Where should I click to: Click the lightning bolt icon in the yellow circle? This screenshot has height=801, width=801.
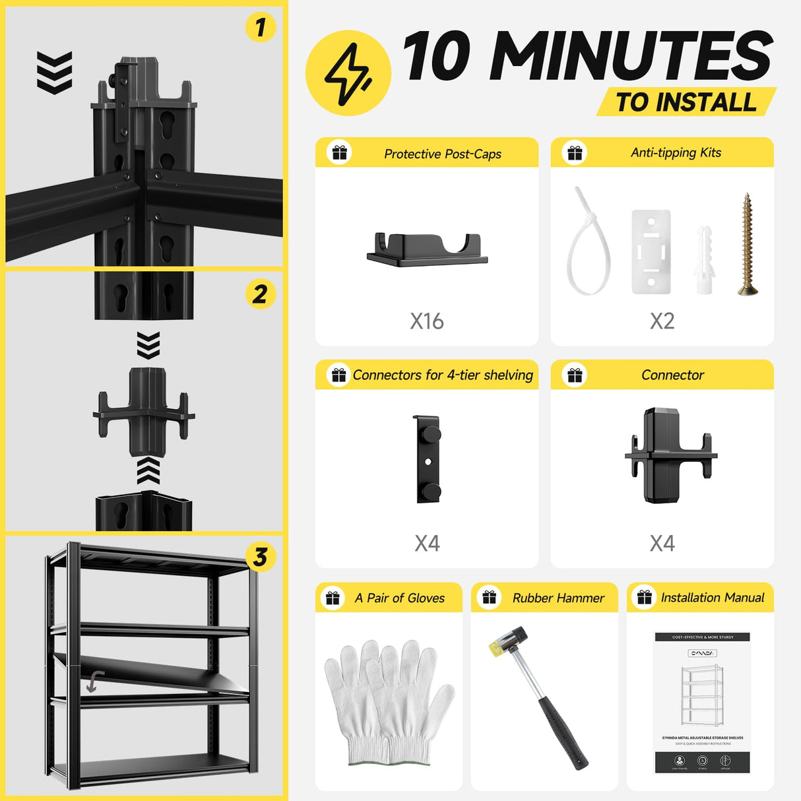point(348,73)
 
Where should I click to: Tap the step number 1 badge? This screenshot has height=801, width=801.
point(260,27)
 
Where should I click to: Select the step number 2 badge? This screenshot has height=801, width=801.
point(260,294)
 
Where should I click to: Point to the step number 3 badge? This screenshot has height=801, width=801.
point(260,557)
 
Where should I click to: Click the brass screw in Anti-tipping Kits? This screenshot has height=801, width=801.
point(747,244)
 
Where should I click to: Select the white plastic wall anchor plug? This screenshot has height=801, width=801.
point(703,260)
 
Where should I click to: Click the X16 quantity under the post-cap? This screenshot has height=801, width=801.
point(427,321)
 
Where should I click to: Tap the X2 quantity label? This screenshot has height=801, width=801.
point(662,321)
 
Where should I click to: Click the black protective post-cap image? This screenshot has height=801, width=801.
point(428,249)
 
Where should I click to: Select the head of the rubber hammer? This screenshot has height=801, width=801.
point(509,641)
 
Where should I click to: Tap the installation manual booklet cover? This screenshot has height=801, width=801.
point(702,703)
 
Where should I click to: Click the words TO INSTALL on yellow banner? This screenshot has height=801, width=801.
point(686,102)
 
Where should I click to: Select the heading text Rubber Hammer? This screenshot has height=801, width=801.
point(558,598)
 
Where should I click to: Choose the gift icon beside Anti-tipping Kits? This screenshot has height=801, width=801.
point(575,152)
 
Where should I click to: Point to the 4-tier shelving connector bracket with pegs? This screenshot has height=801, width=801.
point(428,459)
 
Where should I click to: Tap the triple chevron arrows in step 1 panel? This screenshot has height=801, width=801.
point(54,73)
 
